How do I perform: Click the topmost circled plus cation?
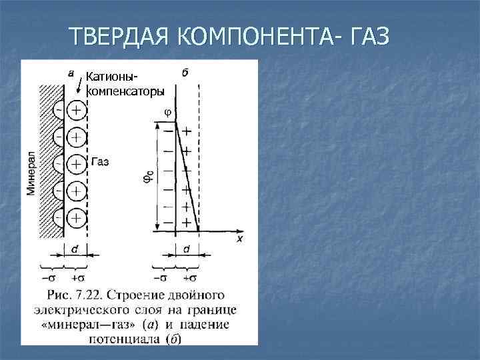click(76, 109)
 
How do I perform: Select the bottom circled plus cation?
click(76, 217)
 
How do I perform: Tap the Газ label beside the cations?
click(99, 161)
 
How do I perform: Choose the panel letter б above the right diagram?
click(184, 72)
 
